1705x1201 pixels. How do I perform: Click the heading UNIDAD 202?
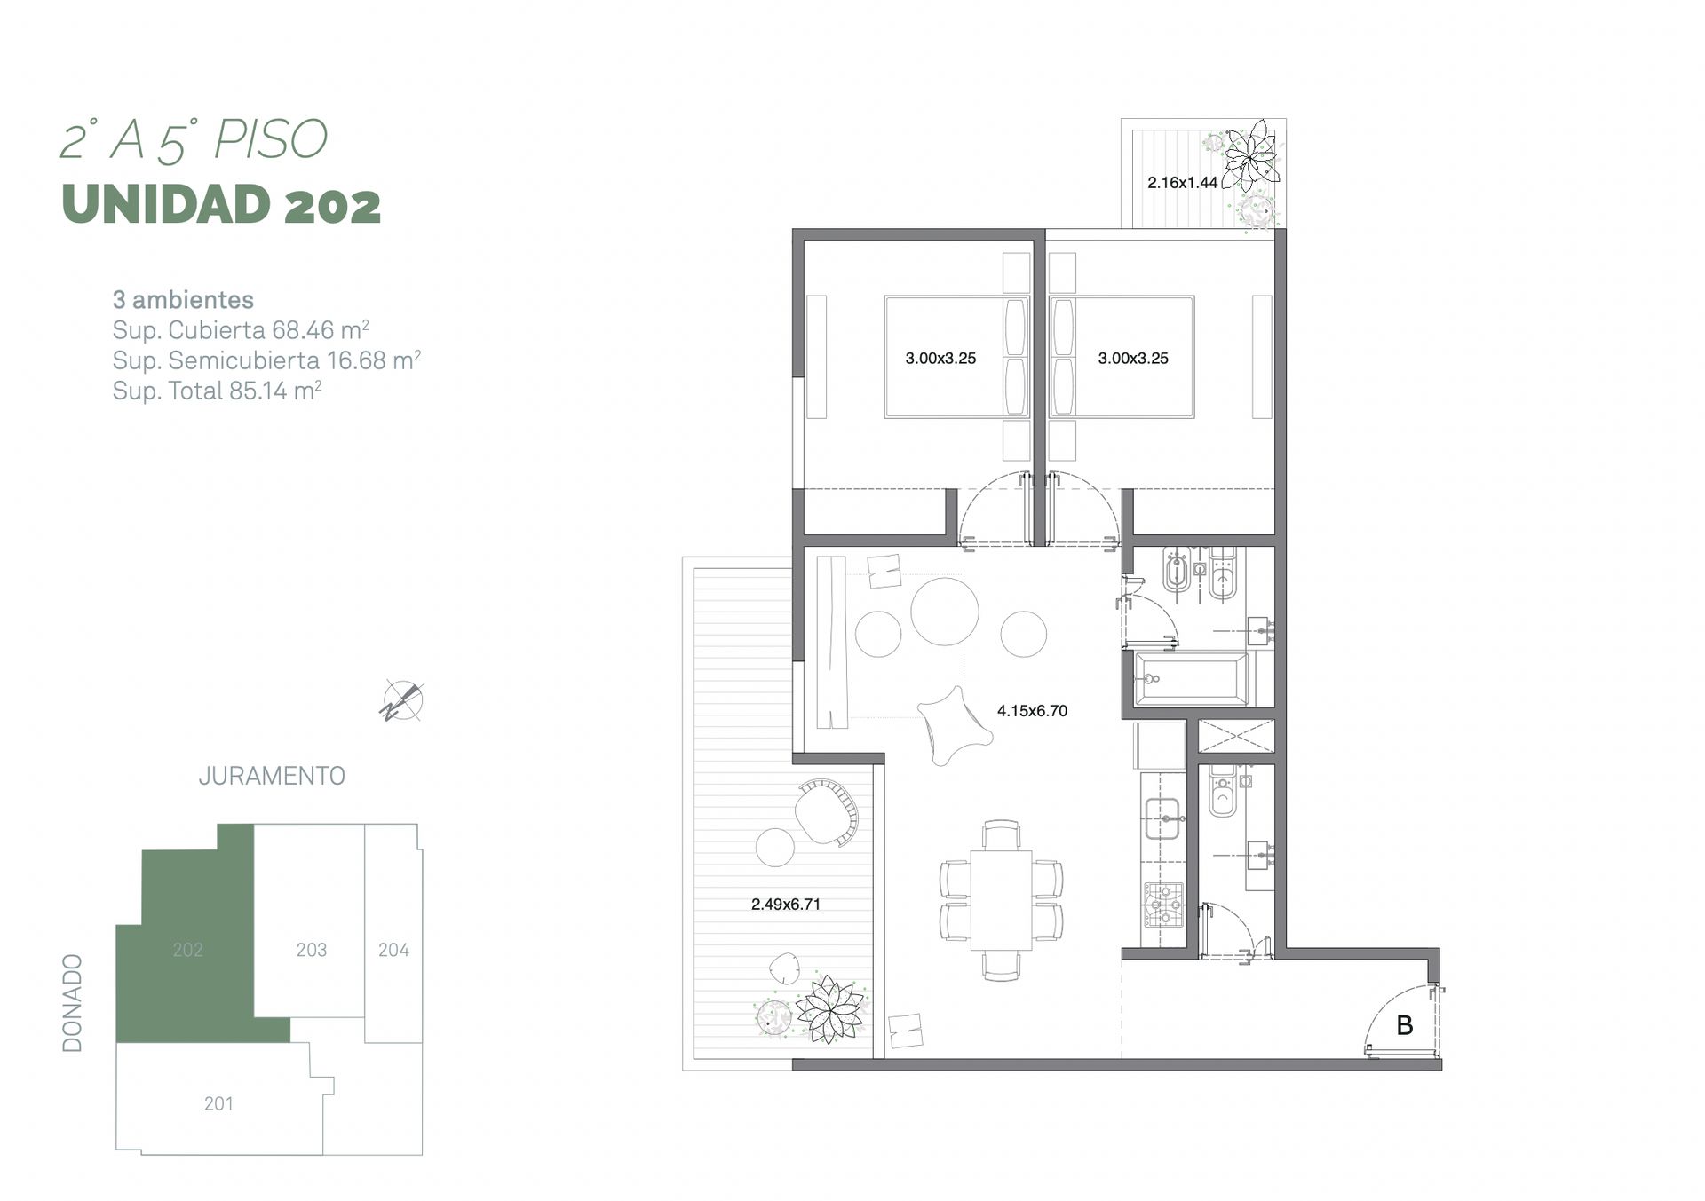221,204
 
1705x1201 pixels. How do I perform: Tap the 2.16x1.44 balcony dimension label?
1182,183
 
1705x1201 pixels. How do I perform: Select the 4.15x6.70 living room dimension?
1032,710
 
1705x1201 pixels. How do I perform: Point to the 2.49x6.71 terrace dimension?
785,904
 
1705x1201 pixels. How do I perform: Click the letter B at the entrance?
1404,1025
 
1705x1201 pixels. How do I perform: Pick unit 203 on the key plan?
311,950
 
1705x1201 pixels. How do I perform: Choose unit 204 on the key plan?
393,950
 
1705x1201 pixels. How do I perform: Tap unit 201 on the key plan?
218,1103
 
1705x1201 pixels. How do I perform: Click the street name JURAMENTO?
272,776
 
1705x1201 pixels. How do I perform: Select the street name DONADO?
72,1003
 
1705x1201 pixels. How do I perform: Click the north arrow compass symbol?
402,700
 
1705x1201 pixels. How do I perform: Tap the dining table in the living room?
1001,900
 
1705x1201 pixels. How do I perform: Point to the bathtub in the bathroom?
1191,679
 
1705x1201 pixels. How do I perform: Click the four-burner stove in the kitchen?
1163,905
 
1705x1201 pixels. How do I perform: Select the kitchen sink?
1162,818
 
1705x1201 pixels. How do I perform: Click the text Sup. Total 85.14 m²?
217,391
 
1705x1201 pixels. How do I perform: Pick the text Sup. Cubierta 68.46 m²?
241,330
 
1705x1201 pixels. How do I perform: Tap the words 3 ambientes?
183,300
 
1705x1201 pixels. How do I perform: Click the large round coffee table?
945,611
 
